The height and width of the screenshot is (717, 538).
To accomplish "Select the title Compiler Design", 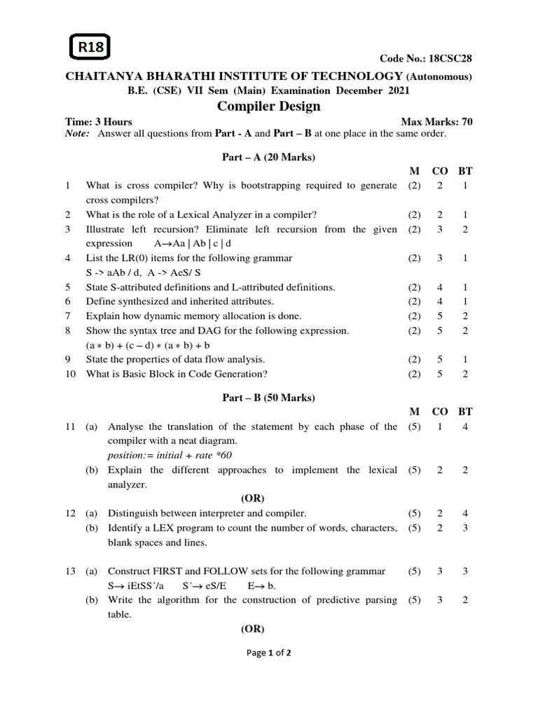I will pos(269,106).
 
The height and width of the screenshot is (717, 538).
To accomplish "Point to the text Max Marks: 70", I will pos(436,122).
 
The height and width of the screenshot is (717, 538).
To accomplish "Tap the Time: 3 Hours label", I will pos(98,122).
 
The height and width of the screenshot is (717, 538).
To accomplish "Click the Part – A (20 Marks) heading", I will pos(269,158).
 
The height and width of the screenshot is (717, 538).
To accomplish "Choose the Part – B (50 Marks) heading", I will pos(269,398).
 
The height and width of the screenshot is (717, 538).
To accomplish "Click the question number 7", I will pos(68,316).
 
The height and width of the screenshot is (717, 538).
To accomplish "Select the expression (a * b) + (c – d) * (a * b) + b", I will pos(148,345).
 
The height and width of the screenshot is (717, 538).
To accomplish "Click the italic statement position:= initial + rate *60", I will pos(170,455).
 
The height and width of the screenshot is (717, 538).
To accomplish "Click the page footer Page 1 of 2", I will pos(269,653).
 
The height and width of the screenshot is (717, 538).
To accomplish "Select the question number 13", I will pos(69,571).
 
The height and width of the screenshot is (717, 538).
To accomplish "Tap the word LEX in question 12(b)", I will pos(162,527).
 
